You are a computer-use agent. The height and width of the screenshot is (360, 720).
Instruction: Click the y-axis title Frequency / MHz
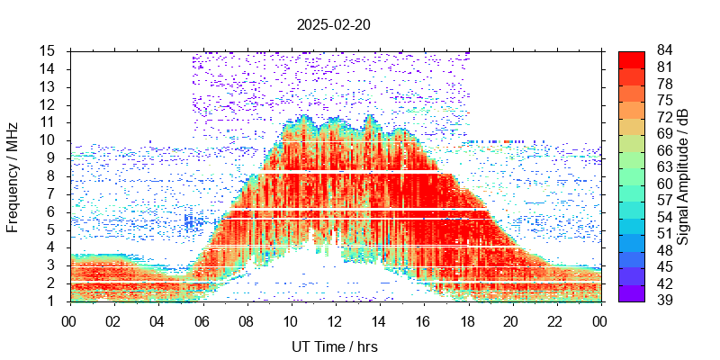tap(13, 175)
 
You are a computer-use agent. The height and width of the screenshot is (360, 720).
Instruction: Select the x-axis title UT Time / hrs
tap(335, 346)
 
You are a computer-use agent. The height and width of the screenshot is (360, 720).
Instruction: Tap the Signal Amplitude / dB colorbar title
tap(683, 175)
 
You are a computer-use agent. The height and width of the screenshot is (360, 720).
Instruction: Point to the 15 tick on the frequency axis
tap(49, 50)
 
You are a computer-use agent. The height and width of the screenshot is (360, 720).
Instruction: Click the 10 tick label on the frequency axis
tap(49, 139)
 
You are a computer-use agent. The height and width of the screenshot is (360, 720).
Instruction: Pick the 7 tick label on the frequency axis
tap(52, 193)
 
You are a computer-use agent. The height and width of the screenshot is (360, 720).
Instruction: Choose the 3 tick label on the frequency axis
tap(52, 265)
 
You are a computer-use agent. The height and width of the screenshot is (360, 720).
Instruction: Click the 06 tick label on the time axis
tap(202, 320)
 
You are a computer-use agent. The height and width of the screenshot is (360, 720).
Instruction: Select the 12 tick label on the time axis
tap(335, 320)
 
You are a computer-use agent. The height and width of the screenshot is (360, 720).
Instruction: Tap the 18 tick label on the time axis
tap(467, 320)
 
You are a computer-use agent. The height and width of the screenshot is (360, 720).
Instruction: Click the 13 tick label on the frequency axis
tap(49, 86)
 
